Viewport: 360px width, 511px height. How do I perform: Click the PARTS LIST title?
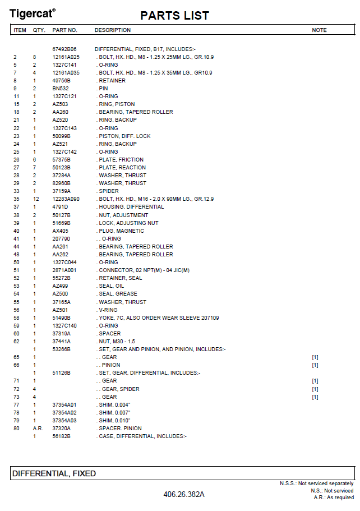tap(174, 15)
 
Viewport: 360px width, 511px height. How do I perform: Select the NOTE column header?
tap(319, 30)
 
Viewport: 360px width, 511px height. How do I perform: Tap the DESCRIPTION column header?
tap(112, 30)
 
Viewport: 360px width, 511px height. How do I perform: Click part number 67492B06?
tap(64, 49)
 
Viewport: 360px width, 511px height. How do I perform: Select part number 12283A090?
tap(66, 199)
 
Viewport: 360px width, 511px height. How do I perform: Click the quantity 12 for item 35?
tap(36, 199)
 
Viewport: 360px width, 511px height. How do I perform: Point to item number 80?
tap(16, 428)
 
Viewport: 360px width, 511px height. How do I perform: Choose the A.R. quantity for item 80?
tap(38, 428)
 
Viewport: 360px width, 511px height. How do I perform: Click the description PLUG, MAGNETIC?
tap(120, 231)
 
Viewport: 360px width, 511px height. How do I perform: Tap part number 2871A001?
tap(65, 270)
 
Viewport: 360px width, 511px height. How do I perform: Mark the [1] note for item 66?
tap(315, 365)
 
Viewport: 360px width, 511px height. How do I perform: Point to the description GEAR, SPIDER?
tap(121, 389)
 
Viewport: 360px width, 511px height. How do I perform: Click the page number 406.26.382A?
tap(184, 494)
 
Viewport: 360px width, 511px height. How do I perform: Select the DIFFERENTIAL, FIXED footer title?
tap(54, 473)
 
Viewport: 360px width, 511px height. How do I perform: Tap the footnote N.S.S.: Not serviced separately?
tap(316, 484)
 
